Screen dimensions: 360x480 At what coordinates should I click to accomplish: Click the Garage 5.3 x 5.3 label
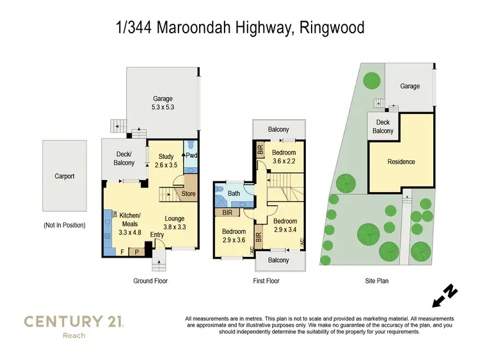click(x=163, y=103)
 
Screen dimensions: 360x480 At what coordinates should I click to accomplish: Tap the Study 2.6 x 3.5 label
click(x=166, y=161)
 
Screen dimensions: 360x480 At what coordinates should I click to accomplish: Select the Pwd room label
click(x=191, y=155)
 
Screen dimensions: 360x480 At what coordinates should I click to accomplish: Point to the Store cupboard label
click(x=188, y=194)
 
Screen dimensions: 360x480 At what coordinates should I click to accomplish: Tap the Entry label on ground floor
click(x=157, y=235)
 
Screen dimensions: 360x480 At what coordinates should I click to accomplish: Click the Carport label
click(x=64, y=176)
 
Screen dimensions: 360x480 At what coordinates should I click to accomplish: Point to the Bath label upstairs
click(x=233, y=193)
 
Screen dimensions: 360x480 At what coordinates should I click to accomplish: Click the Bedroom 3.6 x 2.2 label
click(x=284, y=157)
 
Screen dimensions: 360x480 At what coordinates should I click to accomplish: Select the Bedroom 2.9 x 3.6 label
click(x=234, y=235)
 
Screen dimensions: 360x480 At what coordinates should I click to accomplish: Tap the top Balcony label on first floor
click(x=278, y=129)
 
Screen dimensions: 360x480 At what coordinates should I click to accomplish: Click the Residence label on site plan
click(x=401, y=162)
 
